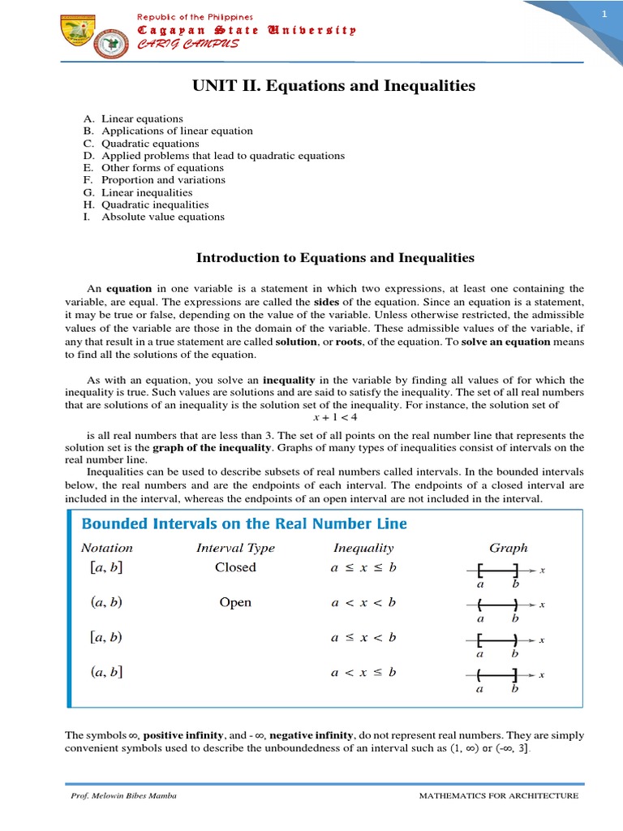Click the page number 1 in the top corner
tap(604, 15)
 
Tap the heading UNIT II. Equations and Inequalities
tap(333, 86)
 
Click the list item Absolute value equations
tap(162, 217)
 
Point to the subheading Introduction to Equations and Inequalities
tap(335, 258)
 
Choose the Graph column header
tap(509, 548)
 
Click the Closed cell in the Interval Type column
tap(235, 567)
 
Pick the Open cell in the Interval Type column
tap(235, 602)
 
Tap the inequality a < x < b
tap(363, 602)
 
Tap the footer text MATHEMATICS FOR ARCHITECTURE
tap(498, 796)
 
